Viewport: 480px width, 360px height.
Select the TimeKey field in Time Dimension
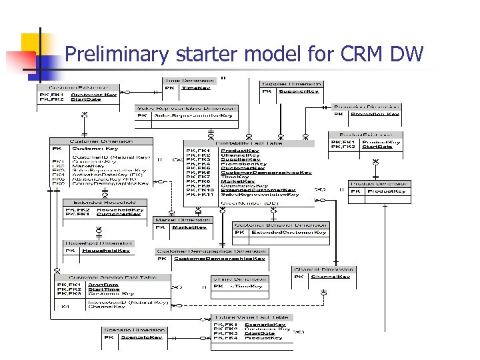tap(196, 87)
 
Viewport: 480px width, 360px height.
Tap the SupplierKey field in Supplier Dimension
tap(298, 91)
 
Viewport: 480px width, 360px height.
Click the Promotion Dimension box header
tap(367, 106)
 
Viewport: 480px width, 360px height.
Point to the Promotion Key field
tap(374, 114)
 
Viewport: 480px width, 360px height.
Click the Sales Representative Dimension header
tap(186, 107)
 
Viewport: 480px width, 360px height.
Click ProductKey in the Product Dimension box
tap(386, 191)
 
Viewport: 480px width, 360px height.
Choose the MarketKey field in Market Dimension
tap(189, 227)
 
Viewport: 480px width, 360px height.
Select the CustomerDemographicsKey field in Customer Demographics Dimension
tap(219, 259)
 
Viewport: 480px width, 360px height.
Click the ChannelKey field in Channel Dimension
tap(331, 276)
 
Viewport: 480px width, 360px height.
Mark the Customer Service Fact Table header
tap(112, 277)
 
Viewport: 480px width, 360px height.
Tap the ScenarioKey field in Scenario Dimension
tap(141, 337)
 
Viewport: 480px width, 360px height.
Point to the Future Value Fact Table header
tap(251, 317)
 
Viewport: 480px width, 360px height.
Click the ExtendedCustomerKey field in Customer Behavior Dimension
tap(289, 233)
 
